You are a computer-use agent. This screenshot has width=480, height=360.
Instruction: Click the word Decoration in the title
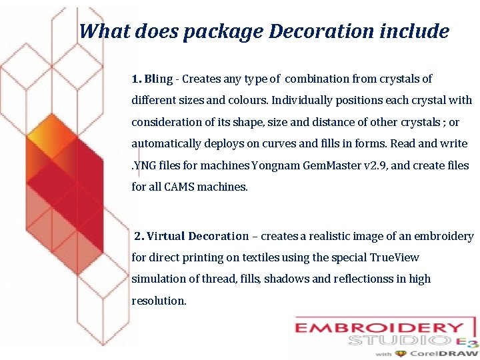(312, 31)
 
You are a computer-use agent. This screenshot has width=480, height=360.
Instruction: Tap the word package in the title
(224, 32)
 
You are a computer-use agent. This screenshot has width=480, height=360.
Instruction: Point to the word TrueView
(394, 257)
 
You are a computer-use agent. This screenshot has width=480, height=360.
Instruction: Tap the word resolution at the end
(159, 301)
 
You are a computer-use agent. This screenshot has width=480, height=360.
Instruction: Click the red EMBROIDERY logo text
(379, 328)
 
